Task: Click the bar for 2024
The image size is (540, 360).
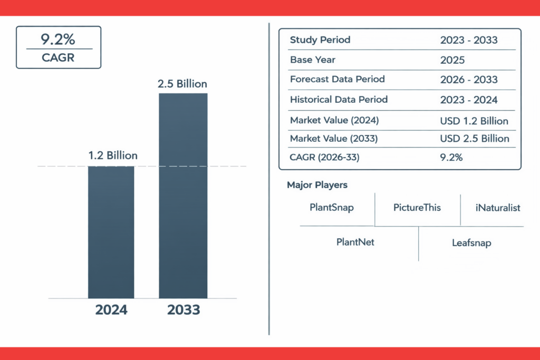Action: [111, 232]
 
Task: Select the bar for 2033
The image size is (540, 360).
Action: [183, 195]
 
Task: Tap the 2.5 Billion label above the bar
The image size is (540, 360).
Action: [182, 84]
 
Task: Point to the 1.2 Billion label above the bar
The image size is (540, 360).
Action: [112, 155]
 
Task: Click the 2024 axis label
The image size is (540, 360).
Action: [111, 310]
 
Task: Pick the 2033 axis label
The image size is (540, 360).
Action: [184, 310]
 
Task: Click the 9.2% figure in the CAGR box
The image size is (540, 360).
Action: [58, 39]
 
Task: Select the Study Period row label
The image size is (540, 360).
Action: [320, 40]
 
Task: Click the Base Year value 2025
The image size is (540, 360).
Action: [452, 60]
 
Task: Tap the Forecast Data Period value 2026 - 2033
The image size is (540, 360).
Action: [469, 80]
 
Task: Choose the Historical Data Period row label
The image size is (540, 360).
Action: [339, 100]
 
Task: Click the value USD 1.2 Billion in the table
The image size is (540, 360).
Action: [474, 121]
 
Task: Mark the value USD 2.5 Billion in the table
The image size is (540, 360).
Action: [475, 139]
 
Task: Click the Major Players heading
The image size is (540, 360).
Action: [317, 185]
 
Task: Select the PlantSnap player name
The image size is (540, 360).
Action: [332, 207]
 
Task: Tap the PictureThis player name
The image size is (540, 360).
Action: [417, 207]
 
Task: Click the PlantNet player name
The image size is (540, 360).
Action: [355, 242]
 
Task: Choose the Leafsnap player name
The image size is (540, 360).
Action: [471, 243]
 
